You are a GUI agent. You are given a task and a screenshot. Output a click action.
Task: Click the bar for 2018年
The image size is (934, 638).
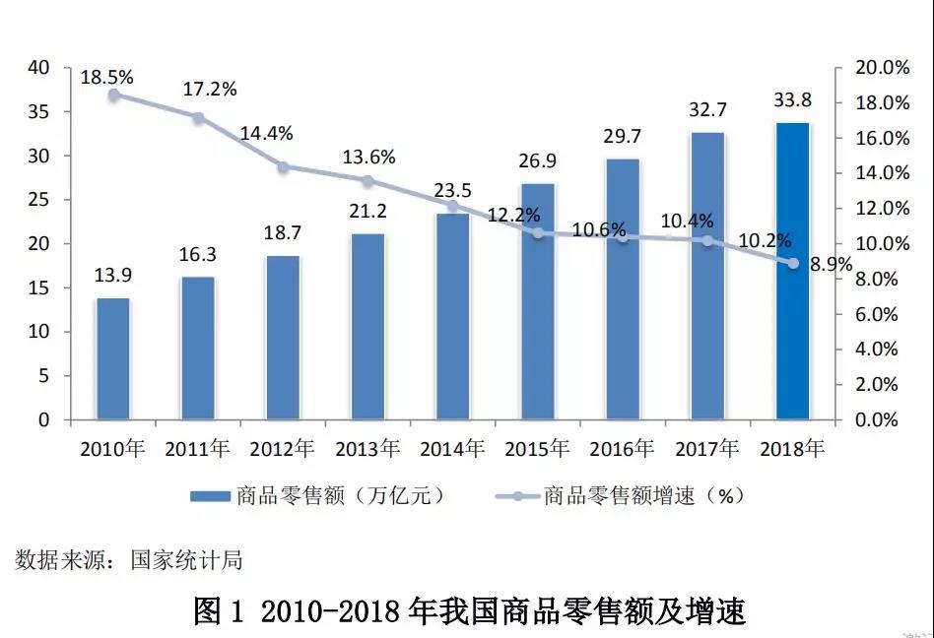pyautogui.click(x=792, y=272)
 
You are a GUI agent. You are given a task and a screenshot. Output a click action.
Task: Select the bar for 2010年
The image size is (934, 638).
pyautogui.click(x=113, y=358)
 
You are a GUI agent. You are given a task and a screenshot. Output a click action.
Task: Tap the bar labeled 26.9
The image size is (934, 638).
pyautogui.click(x=538, y=301)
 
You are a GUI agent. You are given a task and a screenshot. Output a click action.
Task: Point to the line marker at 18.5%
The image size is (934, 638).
pyautogui.click(x=114, y=95)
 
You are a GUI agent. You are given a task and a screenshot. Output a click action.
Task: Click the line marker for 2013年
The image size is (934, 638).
pyautogui.click(x=367, y=181)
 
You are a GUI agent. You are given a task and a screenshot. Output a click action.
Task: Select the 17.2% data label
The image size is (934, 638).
pyautogui.click(x=210, y=90)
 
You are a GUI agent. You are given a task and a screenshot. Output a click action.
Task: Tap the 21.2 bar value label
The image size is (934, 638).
pyautogui.click(x=367, y=211)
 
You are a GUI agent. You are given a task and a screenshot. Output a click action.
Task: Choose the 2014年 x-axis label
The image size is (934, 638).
pyautogui.click(x=452, y=449)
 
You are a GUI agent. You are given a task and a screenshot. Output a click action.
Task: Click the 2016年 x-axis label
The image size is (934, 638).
pyautogui.click(x=622, y=449)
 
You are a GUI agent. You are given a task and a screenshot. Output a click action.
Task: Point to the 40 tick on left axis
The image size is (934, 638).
pyautogui.click(x=39, y=68)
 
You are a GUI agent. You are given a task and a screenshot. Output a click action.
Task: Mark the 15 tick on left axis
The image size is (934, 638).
pyautogui.click(x=39, y=288)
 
